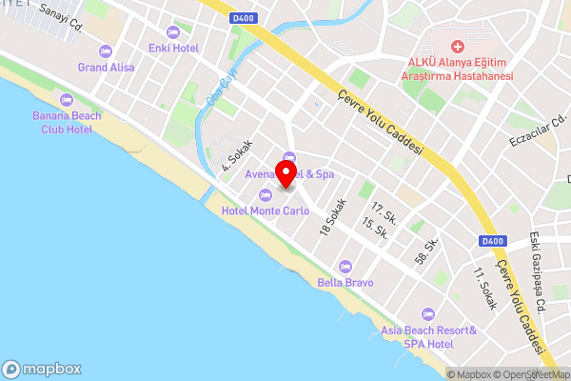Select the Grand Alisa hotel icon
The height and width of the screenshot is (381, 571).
(x=106, y=50)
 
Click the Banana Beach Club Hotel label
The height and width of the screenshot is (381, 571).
(x=66, y=122)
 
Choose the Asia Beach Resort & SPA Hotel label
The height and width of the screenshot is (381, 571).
(x=427, y=336)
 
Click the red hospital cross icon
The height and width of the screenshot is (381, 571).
(x=457, y=46)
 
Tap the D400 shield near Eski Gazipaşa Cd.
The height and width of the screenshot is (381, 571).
(x=492, y=240)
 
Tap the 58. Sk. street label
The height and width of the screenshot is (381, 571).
(x=426, y=251)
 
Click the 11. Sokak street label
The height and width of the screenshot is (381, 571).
(x=485, y=289)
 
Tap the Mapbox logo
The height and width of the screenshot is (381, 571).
(x=42, y=369)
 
